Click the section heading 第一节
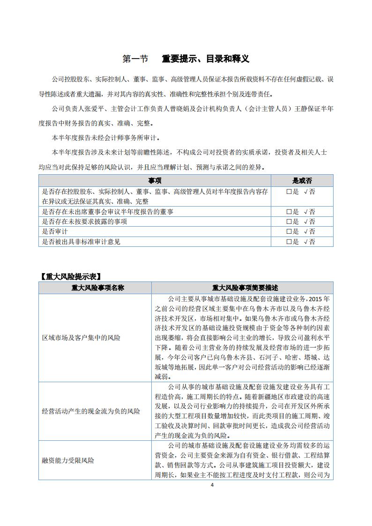[135, 59]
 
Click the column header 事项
[155, 180]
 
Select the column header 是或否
[302, 180]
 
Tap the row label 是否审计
[55, 231]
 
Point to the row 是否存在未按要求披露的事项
[84, 222]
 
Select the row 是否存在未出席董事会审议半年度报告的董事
[108, 212]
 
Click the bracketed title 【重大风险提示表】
[71, 276]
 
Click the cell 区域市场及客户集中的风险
[81, 337]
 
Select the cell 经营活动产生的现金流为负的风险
[91, 411]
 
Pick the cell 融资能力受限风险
[68, 460]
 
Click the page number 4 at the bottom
[212, 485]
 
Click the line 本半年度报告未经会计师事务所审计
[106, 138]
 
